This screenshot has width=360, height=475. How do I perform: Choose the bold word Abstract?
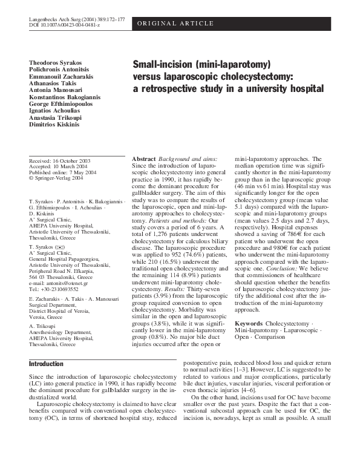[144, 158]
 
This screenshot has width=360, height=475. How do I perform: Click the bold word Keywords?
[249, 324]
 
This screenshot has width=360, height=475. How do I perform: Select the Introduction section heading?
[46, 364]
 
